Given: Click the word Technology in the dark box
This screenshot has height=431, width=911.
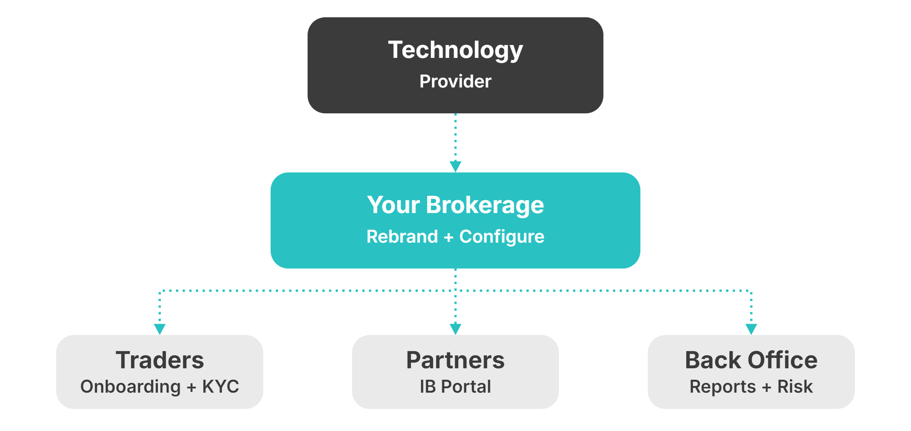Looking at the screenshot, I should point(455,50).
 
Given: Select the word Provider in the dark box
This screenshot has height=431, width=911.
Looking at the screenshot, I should point(455,82).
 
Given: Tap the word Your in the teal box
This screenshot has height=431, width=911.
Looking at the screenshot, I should point(393,205).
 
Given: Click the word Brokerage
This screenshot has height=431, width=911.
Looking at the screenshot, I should point(484,205).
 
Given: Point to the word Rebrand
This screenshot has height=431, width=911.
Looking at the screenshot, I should point(402,237).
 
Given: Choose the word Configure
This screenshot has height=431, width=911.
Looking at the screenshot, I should point(502,237).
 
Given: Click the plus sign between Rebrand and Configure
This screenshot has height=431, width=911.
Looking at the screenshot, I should point(448,237).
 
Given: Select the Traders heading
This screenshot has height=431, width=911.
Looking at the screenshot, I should point(159,360).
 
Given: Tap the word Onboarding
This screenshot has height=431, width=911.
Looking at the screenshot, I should point(130,386).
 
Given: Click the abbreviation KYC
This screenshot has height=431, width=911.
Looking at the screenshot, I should point(221,386).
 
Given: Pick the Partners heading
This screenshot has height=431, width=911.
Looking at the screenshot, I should point(455,360).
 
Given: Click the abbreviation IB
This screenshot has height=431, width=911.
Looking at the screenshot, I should point(428,386).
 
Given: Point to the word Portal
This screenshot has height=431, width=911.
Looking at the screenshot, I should point(466,386).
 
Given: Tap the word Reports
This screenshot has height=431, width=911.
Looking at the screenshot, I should point(722,386).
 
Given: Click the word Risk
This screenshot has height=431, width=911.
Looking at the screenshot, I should point(795,386).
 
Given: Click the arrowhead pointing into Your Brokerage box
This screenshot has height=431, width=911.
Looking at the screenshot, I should point(455,166).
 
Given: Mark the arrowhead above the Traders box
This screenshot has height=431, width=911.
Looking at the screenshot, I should point(160,329).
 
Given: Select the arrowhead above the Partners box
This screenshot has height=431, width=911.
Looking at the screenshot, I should point(455,329).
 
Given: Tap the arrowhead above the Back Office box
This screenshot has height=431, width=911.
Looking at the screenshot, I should point(751,329).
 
